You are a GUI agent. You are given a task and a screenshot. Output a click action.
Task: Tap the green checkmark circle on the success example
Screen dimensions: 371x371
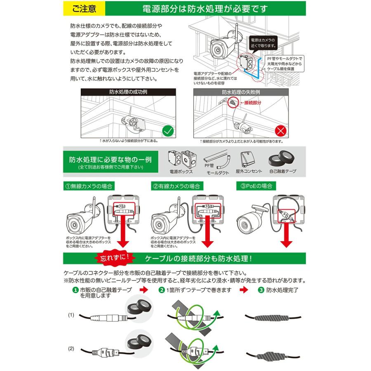[167, 131]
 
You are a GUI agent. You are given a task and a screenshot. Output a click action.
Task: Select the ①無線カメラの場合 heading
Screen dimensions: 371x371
[88, 186]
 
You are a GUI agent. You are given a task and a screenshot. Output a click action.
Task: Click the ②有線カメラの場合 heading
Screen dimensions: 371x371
[176, 186]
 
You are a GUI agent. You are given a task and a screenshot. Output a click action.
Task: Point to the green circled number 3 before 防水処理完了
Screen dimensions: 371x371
[261, 290]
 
